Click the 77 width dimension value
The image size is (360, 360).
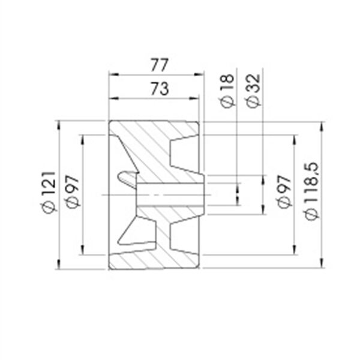click(160, 65)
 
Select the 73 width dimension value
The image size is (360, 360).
click(160, 89)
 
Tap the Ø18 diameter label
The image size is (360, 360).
click(228, 91)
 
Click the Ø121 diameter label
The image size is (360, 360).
click(49, 193)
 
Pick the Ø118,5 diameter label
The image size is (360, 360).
click(311, 191)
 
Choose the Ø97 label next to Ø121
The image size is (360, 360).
click(73, 192)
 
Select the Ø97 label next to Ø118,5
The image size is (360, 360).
click(284, 191)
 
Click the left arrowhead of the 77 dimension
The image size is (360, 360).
click(114, 74)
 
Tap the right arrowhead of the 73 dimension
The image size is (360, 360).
click(194, 98)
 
